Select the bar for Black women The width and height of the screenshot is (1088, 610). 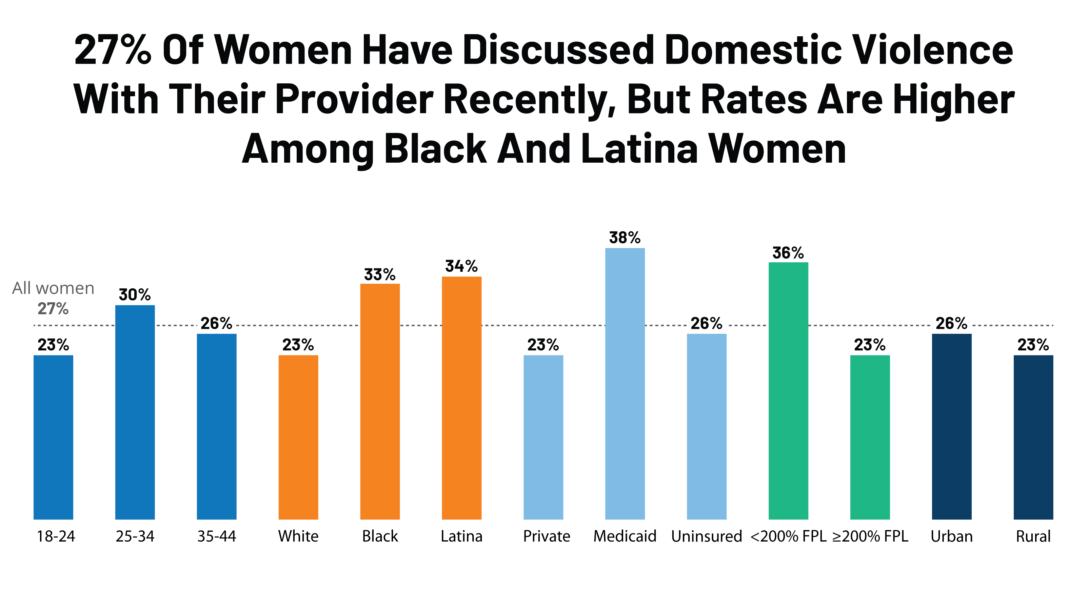click(380, 401)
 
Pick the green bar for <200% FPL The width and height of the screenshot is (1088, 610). click(788, 390)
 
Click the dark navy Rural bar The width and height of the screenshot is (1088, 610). click(1033, 437)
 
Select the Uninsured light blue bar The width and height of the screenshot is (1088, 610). click(706, 426)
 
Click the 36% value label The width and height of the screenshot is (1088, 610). click(788, 253)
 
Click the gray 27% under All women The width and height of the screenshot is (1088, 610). click(53, 309)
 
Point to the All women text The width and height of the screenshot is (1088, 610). click(53, 288)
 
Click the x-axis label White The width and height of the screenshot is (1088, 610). click(298, 536)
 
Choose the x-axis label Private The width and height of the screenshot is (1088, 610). click(547, 536)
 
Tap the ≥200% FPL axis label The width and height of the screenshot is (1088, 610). click(870, 536)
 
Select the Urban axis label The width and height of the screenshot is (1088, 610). click(952, 536)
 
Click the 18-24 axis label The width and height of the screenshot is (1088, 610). click(56, 536)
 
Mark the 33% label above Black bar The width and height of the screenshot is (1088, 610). click(380, 275)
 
